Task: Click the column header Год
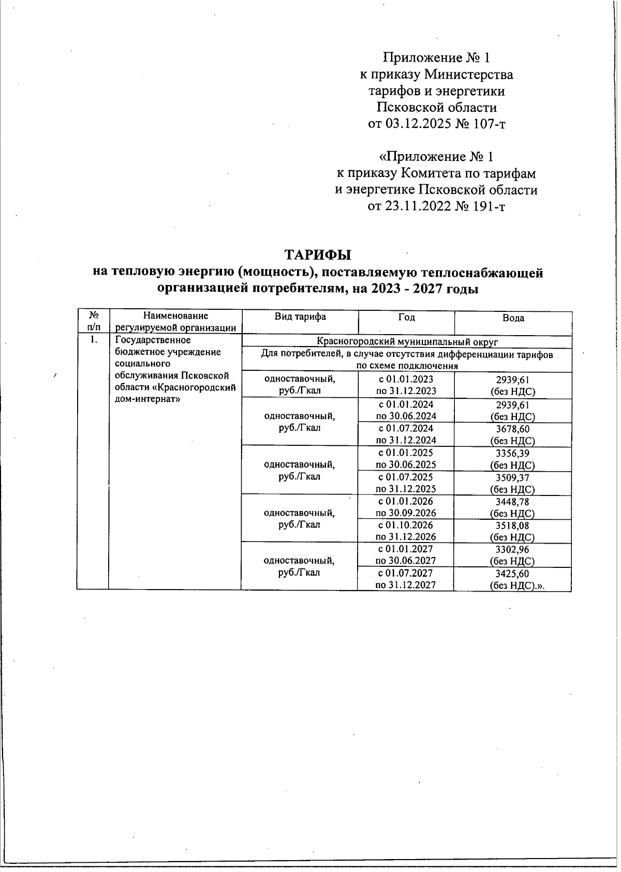tap(406, 317)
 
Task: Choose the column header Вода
tap(513, 318)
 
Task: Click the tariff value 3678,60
tap(512, 429)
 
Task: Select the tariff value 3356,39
tap(512, 453)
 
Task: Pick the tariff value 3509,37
tap(512, 477)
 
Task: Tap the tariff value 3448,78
tap(512, 502)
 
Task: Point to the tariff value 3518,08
tap(512, 525)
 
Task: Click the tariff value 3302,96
tap(512, 549)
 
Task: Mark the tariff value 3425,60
tap(512, 574)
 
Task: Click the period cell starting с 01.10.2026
tap(406, 531)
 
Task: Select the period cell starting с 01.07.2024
tap(406, 434)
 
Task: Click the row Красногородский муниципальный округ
tap(407, 341)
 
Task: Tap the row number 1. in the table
tap(93, 340)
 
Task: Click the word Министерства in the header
tap(469, 74)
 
